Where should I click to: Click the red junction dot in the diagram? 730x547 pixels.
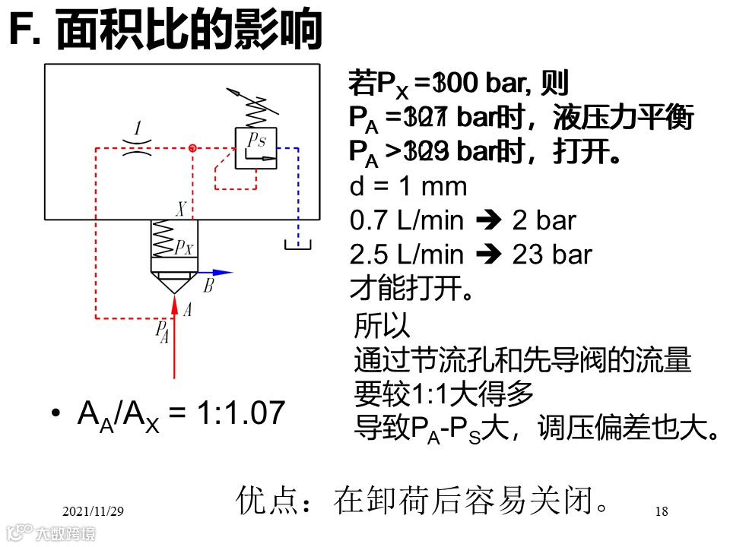point(193,147)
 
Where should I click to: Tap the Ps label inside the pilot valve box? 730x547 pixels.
point(255,140)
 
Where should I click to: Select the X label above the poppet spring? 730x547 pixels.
point(182,208)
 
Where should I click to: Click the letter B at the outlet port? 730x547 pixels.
point(209,287)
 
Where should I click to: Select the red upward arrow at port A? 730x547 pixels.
point(175,334)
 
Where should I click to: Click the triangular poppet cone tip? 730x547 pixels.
point(174,289)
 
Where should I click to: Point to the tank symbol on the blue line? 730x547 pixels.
point(297,245)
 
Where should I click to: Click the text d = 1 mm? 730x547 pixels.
point(408,186)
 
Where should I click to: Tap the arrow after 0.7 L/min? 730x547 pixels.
point(487,221)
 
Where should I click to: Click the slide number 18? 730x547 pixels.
point(661,511)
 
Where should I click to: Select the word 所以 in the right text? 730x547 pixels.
point(382,327)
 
